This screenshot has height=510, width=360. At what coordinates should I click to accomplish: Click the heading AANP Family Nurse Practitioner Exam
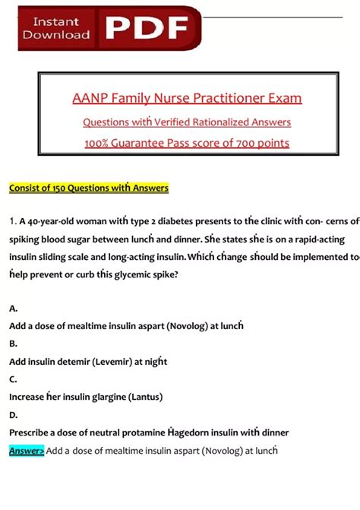[x=186, y=98]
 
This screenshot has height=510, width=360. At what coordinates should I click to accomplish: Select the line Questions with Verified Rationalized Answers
[x=186, y=122]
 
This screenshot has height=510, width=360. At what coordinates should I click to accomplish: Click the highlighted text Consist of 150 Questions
[x=70, y=188]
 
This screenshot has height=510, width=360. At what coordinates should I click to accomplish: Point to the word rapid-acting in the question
[x=317, y=239]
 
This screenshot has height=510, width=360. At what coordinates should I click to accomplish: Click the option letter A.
[x=14, y=309]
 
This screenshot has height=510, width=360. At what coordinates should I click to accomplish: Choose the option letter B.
[x=14, y=344]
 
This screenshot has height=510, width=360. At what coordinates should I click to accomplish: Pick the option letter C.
[x=14, y=379]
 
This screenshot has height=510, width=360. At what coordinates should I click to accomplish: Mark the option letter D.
[x=14, y=414]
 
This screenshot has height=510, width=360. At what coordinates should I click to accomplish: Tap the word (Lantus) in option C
[x=138, y=396]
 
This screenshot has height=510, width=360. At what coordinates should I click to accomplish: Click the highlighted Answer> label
[x=27, y=450]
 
